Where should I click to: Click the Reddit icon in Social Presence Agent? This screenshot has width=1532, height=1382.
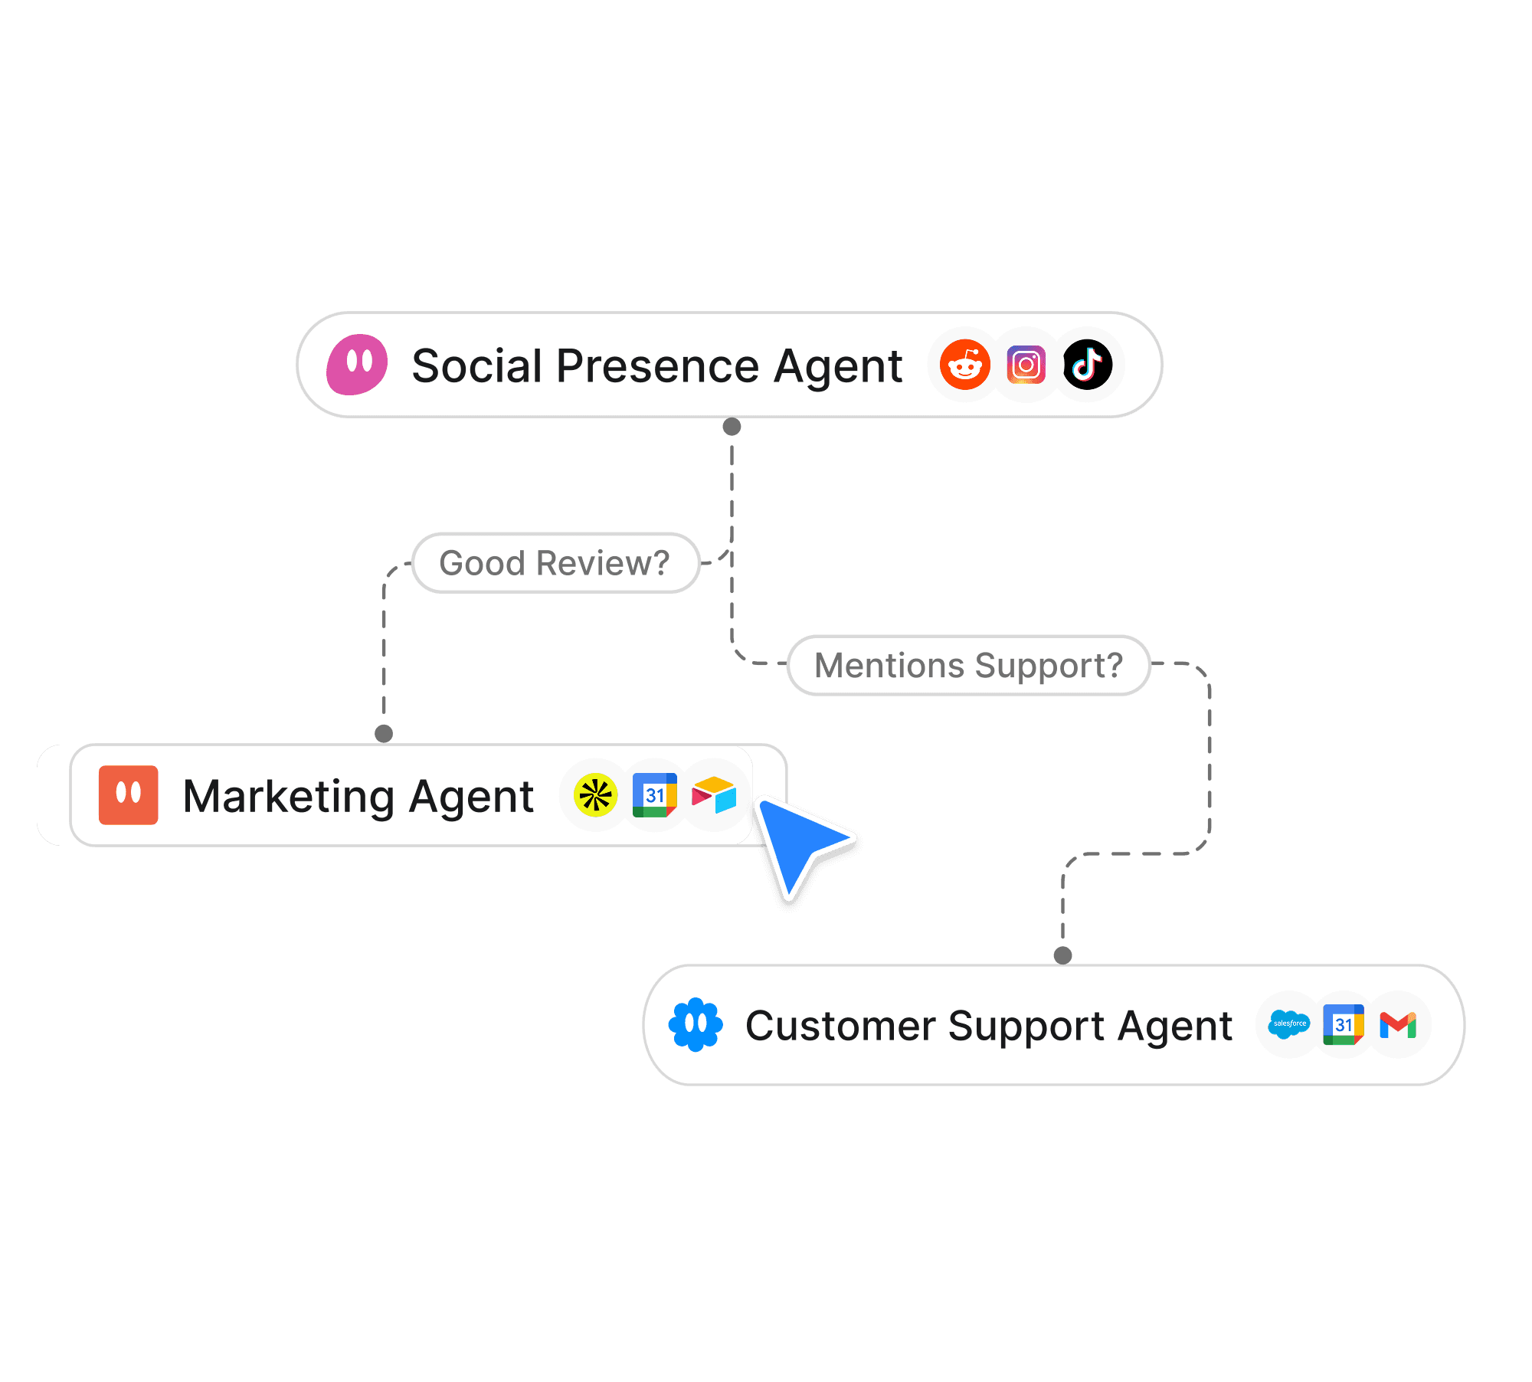click(964, 365)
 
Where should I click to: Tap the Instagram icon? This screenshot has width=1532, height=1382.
click(1026, 365)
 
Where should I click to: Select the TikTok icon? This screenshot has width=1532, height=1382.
click(1088, 365)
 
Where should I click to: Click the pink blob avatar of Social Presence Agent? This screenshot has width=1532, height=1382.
click(357, 365)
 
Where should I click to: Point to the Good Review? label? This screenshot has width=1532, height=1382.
click(555, 563)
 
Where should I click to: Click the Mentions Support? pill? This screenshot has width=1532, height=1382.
click(968, 665)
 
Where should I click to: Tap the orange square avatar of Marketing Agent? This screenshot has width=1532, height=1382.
click(129, 795)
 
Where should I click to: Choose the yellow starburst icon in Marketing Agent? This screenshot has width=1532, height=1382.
click(595, 796)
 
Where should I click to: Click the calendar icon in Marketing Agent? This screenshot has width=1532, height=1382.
click(654, 796)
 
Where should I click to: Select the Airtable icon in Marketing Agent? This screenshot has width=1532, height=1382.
click(714, 796)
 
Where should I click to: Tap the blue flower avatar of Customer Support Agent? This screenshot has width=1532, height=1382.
click(696, 1024)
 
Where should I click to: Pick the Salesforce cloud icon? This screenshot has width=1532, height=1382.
click(1289, 1024)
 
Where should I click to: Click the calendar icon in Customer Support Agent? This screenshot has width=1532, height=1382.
click(1344, 1024)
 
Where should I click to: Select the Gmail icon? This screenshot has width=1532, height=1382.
click(1398, 1024)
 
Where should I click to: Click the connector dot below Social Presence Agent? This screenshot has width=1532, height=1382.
click(732, 427)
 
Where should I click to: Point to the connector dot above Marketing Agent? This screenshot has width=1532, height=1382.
click(384, 734)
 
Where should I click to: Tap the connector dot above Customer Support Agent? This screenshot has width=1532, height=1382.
click(1062, 955)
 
